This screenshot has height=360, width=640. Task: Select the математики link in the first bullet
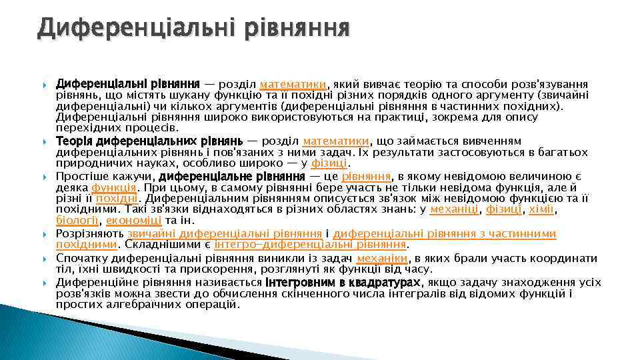click(x=293, y=85)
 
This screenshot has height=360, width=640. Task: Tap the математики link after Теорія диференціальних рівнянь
click(x=336, y=141)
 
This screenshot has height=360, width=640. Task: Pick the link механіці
click(x=455, y=209)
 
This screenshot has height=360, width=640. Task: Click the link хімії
click(x=541, y=209)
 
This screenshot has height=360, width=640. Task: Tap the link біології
click(x=77, y=219)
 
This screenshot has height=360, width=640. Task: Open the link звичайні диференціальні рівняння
click(x=225, y=233)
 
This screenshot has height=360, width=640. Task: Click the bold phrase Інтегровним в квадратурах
click(x=343, y=282)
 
